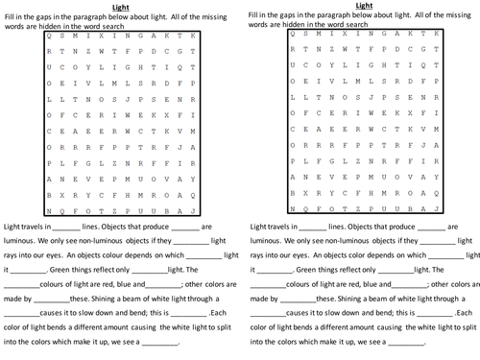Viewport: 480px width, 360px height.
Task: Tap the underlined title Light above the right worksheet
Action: [362, 5]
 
